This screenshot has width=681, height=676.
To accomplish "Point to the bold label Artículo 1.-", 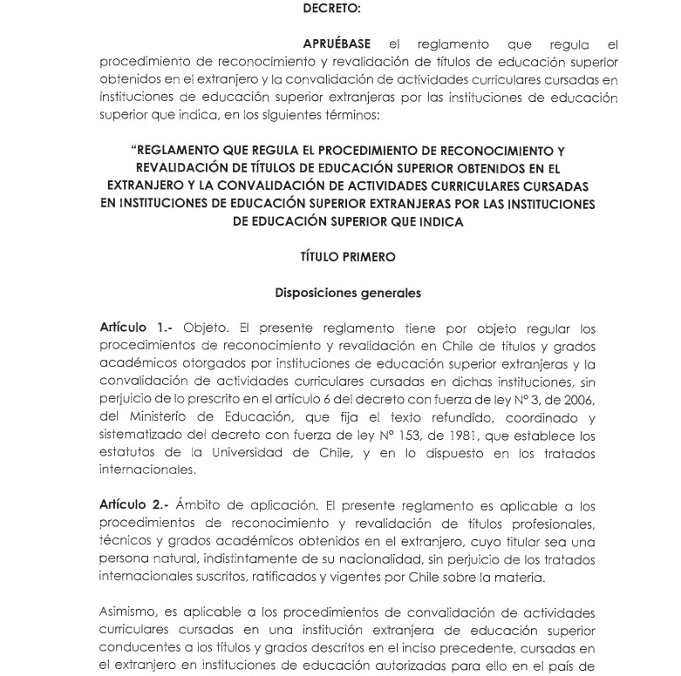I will [136, 329].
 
